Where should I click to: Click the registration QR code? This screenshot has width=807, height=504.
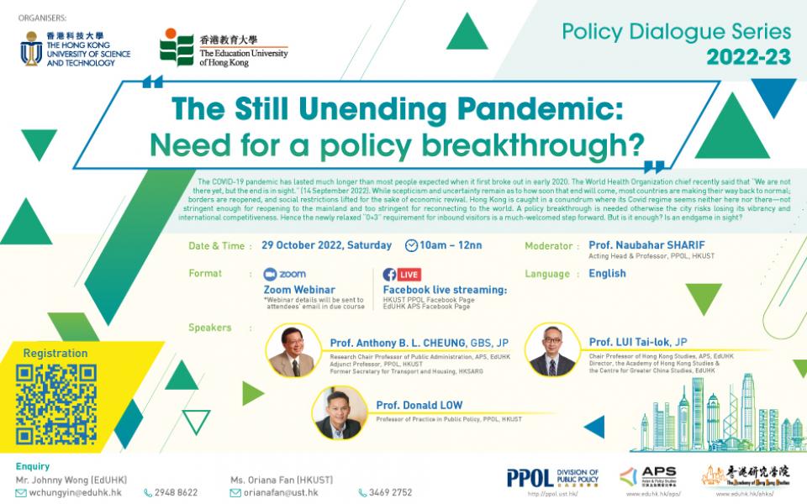point(55,404)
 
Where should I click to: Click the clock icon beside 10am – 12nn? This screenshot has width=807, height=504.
point(412,246)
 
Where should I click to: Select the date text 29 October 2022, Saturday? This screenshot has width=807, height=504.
point(327,246)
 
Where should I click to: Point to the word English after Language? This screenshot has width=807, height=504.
point(607,274)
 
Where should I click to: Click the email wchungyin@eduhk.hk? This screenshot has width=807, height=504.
point(75,492)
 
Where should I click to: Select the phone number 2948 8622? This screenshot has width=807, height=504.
point(176,492)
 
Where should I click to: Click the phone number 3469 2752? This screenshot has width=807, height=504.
point(391,492)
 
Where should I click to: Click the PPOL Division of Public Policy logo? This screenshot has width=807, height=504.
point(552,477)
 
